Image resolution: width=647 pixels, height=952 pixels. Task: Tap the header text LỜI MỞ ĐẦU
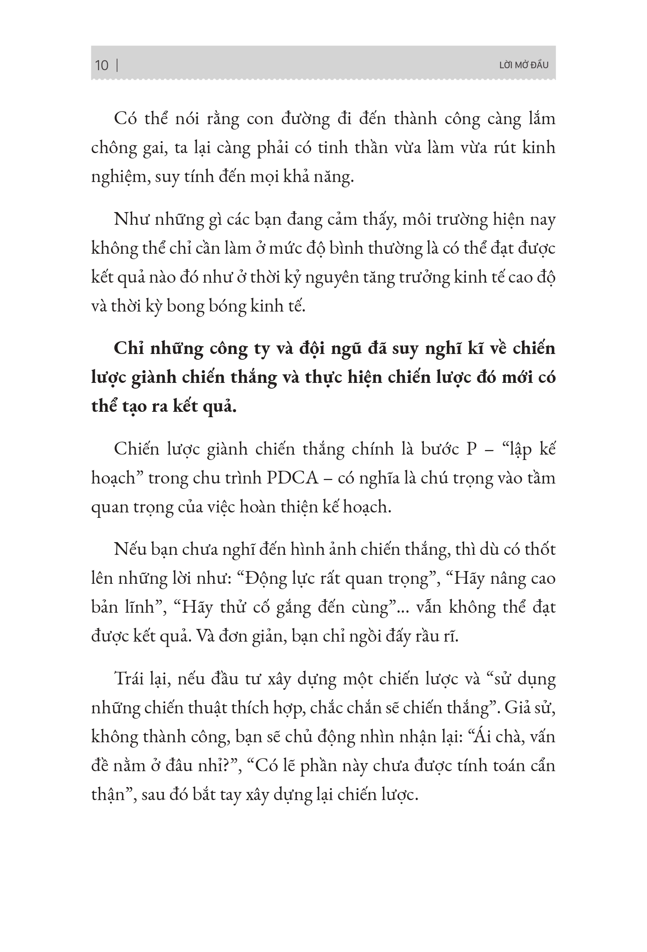pyautogui.click(x=524, y=65)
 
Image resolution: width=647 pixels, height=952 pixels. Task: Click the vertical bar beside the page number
pyautogui.click(x=118, y=65)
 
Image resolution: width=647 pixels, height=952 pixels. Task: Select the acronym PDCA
pyautogui.click(x=293, y=478)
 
